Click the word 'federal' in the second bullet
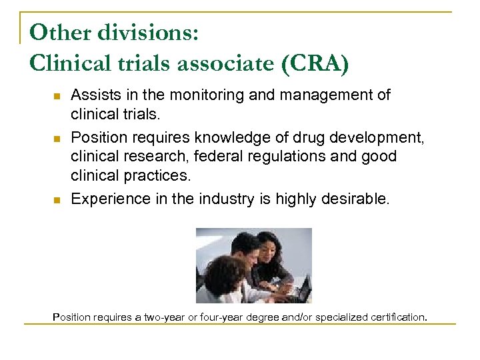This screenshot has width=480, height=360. pyautogui.click(x=221, y=157)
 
